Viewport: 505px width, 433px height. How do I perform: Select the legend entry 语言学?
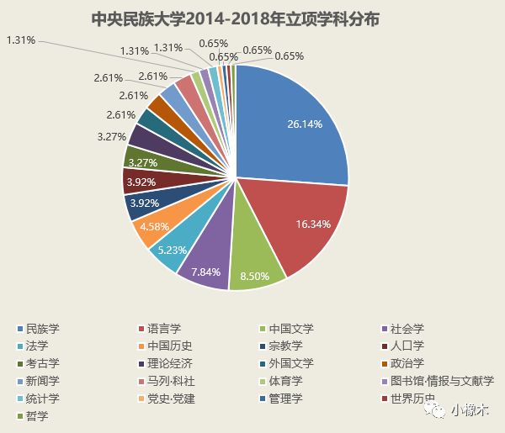163,328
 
